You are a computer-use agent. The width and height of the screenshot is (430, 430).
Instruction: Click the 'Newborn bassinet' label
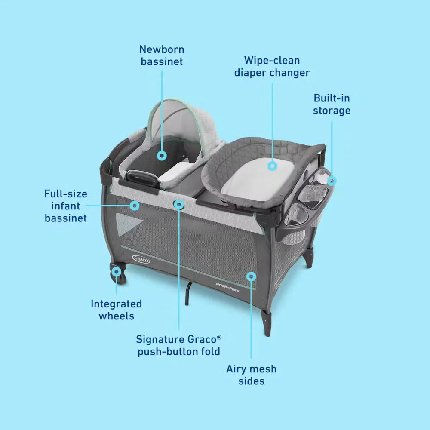click(x=162, y=55)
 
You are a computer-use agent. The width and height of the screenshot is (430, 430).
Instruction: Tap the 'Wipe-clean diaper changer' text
click(x=272, y=67)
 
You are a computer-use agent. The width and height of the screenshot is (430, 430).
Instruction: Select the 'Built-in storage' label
click(x=332, y=104)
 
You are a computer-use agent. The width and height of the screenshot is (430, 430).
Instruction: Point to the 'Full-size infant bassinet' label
click(x=66, y=206)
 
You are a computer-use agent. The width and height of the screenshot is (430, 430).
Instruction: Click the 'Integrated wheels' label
click(x=116, y=310)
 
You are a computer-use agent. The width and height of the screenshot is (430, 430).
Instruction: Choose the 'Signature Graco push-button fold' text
click(x=179, y=346)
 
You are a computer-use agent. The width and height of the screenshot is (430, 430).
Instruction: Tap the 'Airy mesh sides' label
click(x=252, y=375)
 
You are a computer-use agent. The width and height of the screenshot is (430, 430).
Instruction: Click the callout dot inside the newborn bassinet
click(x=162, y=156)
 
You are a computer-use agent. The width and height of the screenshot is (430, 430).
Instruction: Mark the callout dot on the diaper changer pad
click(x=272, y=166)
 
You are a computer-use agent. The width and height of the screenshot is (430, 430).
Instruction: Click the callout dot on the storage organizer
click(x=332, y=181)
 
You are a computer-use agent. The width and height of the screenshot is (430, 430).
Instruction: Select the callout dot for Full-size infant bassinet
click(x=134, y=206)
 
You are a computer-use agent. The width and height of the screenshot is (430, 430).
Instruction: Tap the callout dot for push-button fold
click(x=179, y=204)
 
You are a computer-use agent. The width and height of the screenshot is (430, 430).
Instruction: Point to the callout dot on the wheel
click(x=116, y=272)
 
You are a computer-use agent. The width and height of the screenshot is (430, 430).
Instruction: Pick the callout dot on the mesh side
click(x=251, y=276)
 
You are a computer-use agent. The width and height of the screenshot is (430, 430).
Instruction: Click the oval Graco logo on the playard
click(x=141, y=259)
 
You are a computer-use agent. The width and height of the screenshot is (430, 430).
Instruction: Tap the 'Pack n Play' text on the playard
click(x=227, y=287)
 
